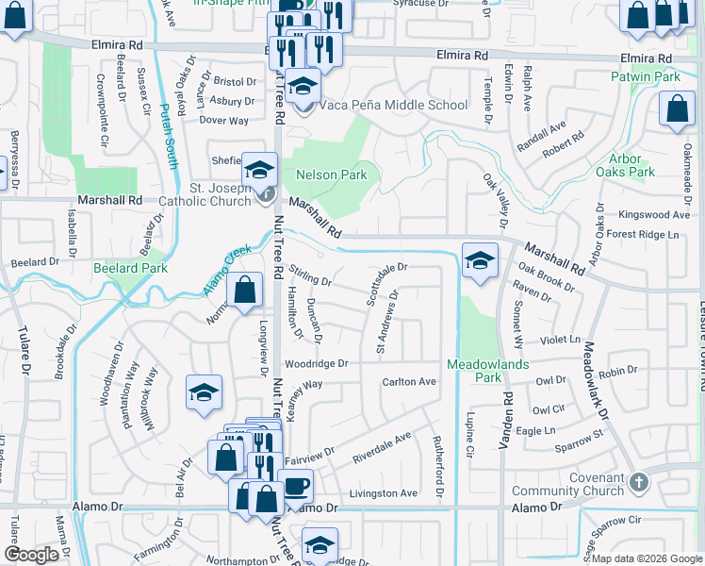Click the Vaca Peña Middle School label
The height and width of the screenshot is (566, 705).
click(392, 105)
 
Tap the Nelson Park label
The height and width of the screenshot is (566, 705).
click(331, 175)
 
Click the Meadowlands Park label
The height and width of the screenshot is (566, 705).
click(487, 371)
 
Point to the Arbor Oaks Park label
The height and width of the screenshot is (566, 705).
click(625, 165)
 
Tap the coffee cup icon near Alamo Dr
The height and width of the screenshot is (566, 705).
click(296, 487)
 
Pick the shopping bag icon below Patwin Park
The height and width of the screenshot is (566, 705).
click(678, 109)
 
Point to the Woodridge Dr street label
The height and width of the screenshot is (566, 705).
click(317, 363)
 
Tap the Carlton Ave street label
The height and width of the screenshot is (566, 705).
click(409, 382)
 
